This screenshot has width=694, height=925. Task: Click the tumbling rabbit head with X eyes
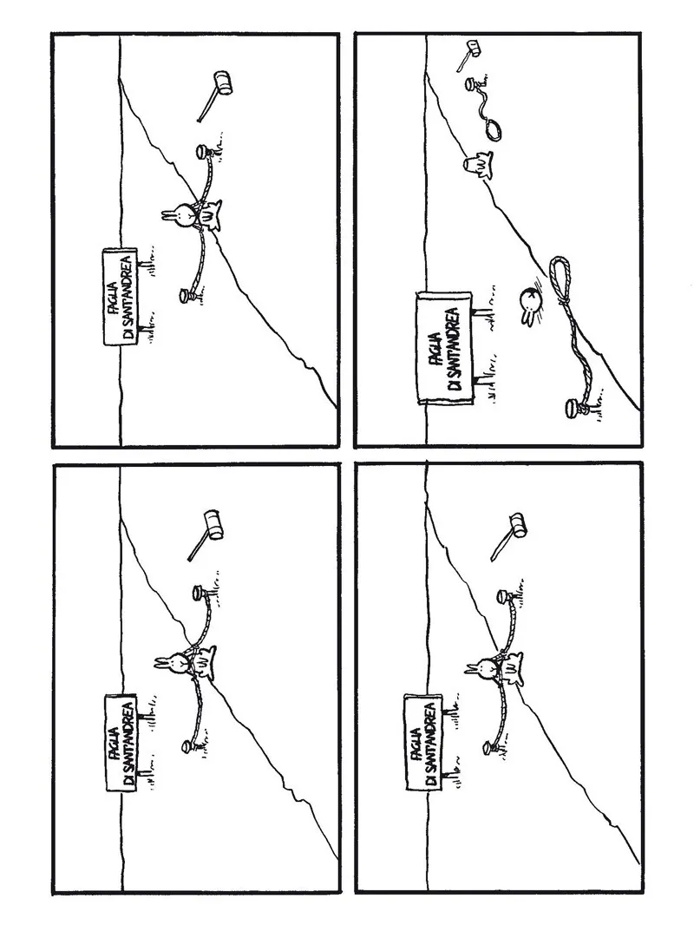pyautogui.click(x=530, y=300)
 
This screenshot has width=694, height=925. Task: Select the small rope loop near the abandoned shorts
pyautogui.click(x=494, y=128)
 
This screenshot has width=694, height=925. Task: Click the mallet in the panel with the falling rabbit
pyautogui.click(x=470, y=49)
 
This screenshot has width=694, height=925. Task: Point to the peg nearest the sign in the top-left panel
pyautogui.click(x=185, y=296)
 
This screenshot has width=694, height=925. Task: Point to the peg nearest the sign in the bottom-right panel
pyautogui.click(x=487, y=745)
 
